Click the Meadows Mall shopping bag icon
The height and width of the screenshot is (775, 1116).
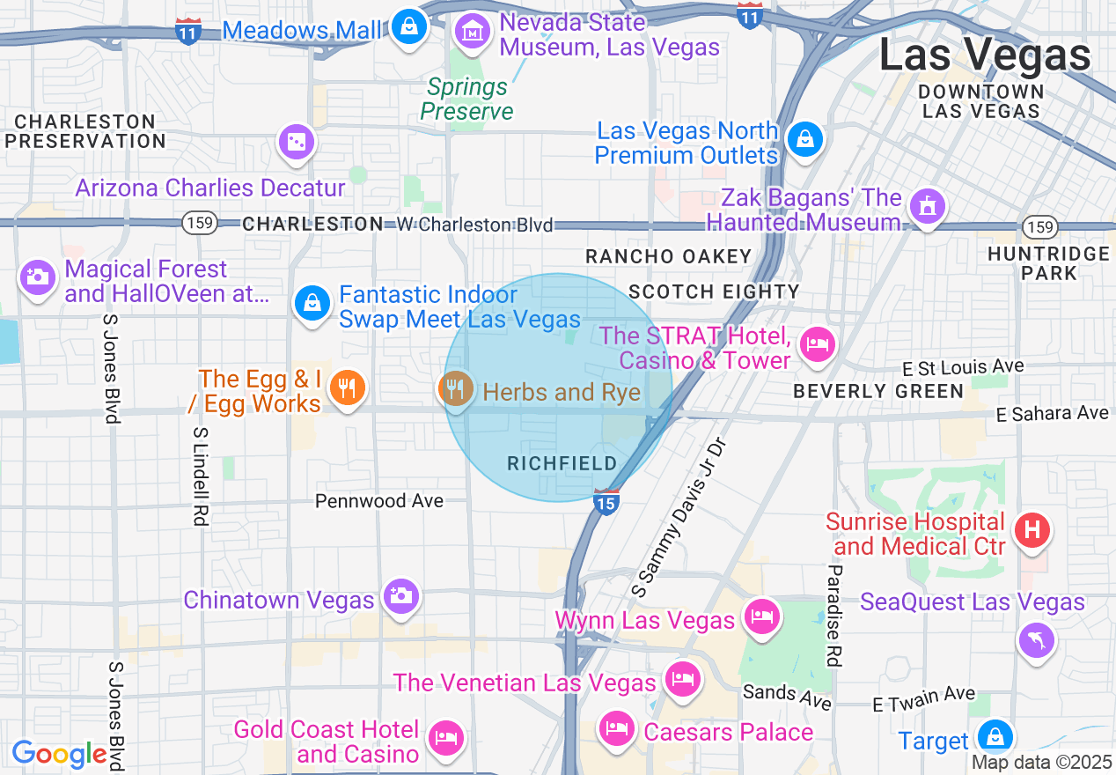click(x=409, y=26)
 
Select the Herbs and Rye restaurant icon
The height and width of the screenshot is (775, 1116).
click(x=455, y=387)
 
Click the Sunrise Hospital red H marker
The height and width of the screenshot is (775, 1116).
click(x=1032, y=530)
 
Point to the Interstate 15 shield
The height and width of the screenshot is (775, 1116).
click(x=606, y=502)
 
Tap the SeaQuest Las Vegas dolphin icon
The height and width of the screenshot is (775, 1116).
click(x=1037, y=640)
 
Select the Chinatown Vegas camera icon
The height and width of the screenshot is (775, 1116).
click(x=400, y=596)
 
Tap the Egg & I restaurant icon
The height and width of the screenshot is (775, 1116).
click(x=347, y=387)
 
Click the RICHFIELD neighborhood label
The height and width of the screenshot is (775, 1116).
click(x=562, y=463)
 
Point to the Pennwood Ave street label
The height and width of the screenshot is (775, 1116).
click(x=379, y=501)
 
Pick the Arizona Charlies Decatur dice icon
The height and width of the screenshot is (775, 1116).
click(x=297, y=141)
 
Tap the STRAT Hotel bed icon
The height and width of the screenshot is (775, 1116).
click(x=818, y=343)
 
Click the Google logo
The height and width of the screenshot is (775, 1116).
click(x=59, y=755)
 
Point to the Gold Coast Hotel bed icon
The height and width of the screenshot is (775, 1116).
click(x=446, y=736)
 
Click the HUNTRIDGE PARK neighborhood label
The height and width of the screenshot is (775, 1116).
click(x=1048, y=263)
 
